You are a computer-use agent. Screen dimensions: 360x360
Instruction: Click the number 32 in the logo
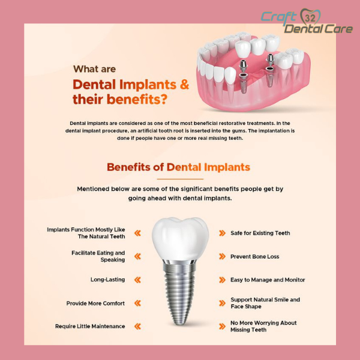point(310,17)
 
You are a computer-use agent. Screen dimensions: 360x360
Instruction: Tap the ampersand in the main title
point(184,84)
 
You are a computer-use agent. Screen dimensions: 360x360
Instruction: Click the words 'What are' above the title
point(94,69)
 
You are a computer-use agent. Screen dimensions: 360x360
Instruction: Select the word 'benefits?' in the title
point(137,100)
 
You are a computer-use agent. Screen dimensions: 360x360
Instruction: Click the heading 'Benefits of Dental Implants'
point(178,167)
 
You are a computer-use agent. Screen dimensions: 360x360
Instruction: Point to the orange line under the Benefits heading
point(180,179)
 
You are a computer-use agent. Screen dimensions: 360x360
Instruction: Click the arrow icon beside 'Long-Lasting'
point(137,280)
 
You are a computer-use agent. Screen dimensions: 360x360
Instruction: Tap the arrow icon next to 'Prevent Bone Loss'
point(222,256)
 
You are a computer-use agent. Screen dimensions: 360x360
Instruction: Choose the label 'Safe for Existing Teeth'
point(260,233)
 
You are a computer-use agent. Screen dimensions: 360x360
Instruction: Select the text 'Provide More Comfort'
point(95,303)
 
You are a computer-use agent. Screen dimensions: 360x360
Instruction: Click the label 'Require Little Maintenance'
point(90,326)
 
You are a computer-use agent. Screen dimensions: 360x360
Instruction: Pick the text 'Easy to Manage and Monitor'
point(268,280)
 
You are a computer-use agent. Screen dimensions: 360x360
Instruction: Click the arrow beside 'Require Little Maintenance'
point(137,326)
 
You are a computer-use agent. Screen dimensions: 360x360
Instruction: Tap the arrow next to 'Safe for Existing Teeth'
point(222,233)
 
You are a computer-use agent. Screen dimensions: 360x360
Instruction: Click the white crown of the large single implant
point(180,239)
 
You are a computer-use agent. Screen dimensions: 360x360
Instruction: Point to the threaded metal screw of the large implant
point(180,294)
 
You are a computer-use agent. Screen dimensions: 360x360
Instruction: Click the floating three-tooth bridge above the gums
point(257,46)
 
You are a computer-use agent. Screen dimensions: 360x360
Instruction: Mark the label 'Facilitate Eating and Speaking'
point(98,256)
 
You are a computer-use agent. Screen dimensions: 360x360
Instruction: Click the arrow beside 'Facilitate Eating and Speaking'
point(137,256)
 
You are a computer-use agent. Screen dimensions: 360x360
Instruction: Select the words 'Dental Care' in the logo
point(319,29)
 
